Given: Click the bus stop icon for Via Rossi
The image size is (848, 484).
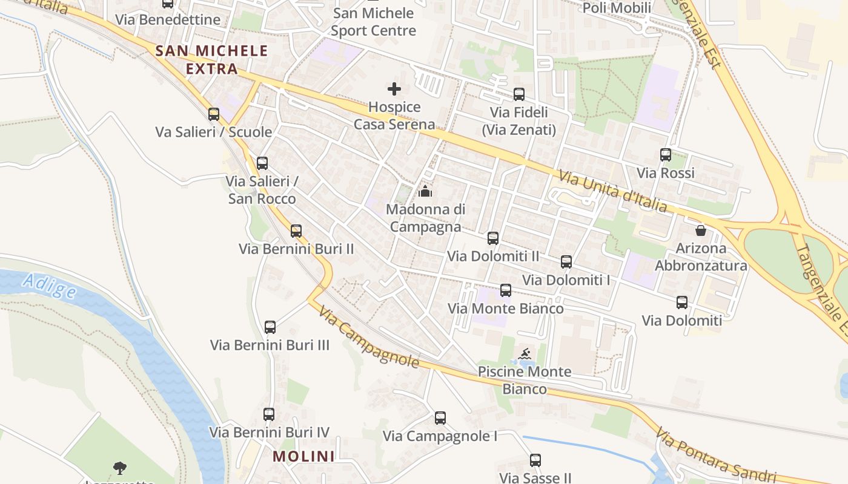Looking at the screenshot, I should point(666,155).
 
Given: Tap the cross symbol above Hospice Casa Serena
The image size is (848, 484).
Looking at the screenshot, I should point(394,89).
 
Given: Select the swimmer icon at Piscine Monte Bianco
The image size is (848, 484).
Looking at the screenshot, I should point(525,354).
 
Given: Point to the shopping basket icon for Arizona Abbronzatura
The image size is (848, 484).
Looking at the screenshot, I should point(701,231).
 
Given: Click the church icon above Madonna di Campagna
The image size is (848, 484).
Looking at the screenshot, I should point(425,192).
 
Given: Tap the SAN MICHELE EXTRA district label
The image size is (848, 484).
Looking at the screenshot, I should point(211,59).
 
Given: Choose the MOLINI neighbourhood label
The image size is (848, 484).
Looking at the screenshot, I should point(303,456).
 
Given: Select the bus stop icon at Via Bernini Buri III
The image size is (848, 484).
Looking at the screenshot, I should point(270,327).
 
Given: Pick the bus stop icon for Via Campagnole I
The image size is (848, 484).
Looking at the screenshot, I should point(440,418).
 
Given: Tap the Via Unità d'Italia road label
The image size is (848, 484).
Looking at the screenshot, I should point(612,192).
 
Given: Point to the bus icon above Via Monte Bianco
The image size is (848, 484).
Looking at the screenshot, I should point(506,290).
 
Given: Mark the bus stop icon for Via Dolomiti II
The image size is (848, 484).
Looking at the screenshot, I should point(493,238).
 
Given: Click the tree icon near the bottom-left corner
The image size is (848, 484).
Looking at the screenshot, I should point(120,468).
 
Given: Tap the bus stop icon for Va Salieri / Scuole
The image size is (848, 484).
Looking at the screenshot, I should point(214,114).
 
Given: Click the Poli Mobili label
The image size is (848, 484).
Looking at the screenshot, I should point(617,8).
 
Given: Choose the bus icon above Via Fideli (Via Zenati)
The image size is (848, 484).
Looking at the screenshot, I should point(519,94).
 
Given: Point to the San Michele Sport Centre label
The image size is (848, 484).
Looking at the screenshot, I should point(373,22).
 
